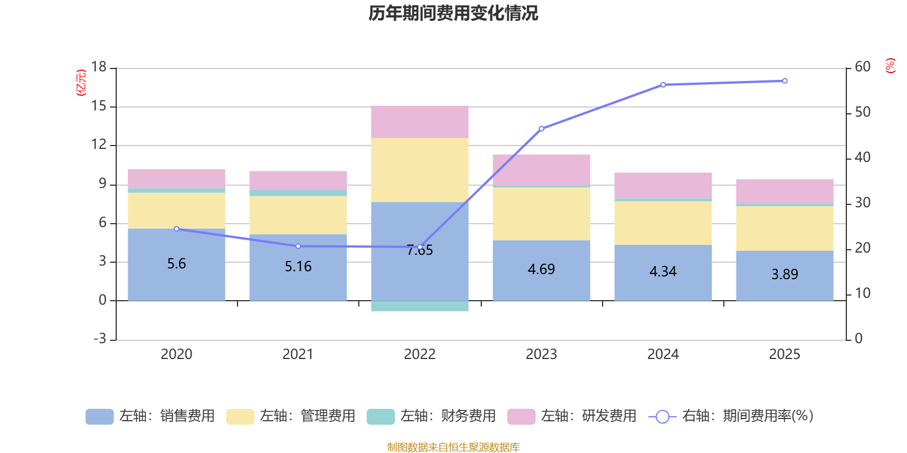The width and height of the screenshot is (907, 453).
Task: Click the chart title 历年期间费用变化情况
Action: [453, 13]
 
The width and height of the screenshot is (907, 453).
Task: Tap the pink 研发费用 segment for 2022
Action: [419, 122]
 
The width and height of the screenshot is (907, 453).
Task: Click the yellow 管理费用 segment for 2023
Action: [541, 213]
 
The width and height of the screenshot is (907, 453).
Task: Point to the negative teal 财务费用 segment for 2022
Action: [419, 306]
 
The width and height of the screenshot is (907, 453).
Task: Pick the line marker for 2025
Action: [785, 81]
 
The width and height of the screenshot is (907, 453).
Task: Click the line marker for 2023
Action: [541, 129]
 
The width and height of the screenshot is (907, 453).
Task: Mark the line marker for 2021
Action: [298, 246]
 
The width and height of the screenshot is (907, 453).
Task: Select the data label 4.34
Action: [663, 272]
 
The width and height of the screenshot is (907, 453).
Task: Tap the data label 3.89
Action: [785, 275]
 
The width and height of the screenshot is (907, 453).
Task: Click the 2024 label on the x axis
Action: [663, 354]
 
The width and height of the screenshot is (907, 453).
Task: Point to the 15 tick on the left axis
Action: [99, 106]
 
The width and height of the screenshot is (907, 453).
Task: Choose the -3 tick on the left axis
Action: [99, 339]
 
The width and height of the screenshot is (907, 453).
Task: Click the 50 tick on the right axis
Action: [862, 112]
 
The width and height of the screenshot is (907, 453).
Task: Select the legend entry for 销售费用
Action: [150, 416]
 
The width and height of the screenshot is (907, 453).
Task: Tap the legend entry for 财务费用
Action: [431, 416]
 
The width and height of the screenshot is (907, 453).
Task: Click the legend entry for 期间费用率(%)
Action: [731, 416]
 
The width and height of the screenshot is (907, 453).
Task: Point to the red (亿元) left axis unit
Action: [81, 83]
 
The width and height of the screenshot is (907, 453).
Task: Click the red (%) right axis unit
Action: [890, 66]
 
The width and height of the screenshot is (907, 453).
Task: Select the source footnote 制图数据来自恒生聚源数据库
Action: [453, 447]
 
